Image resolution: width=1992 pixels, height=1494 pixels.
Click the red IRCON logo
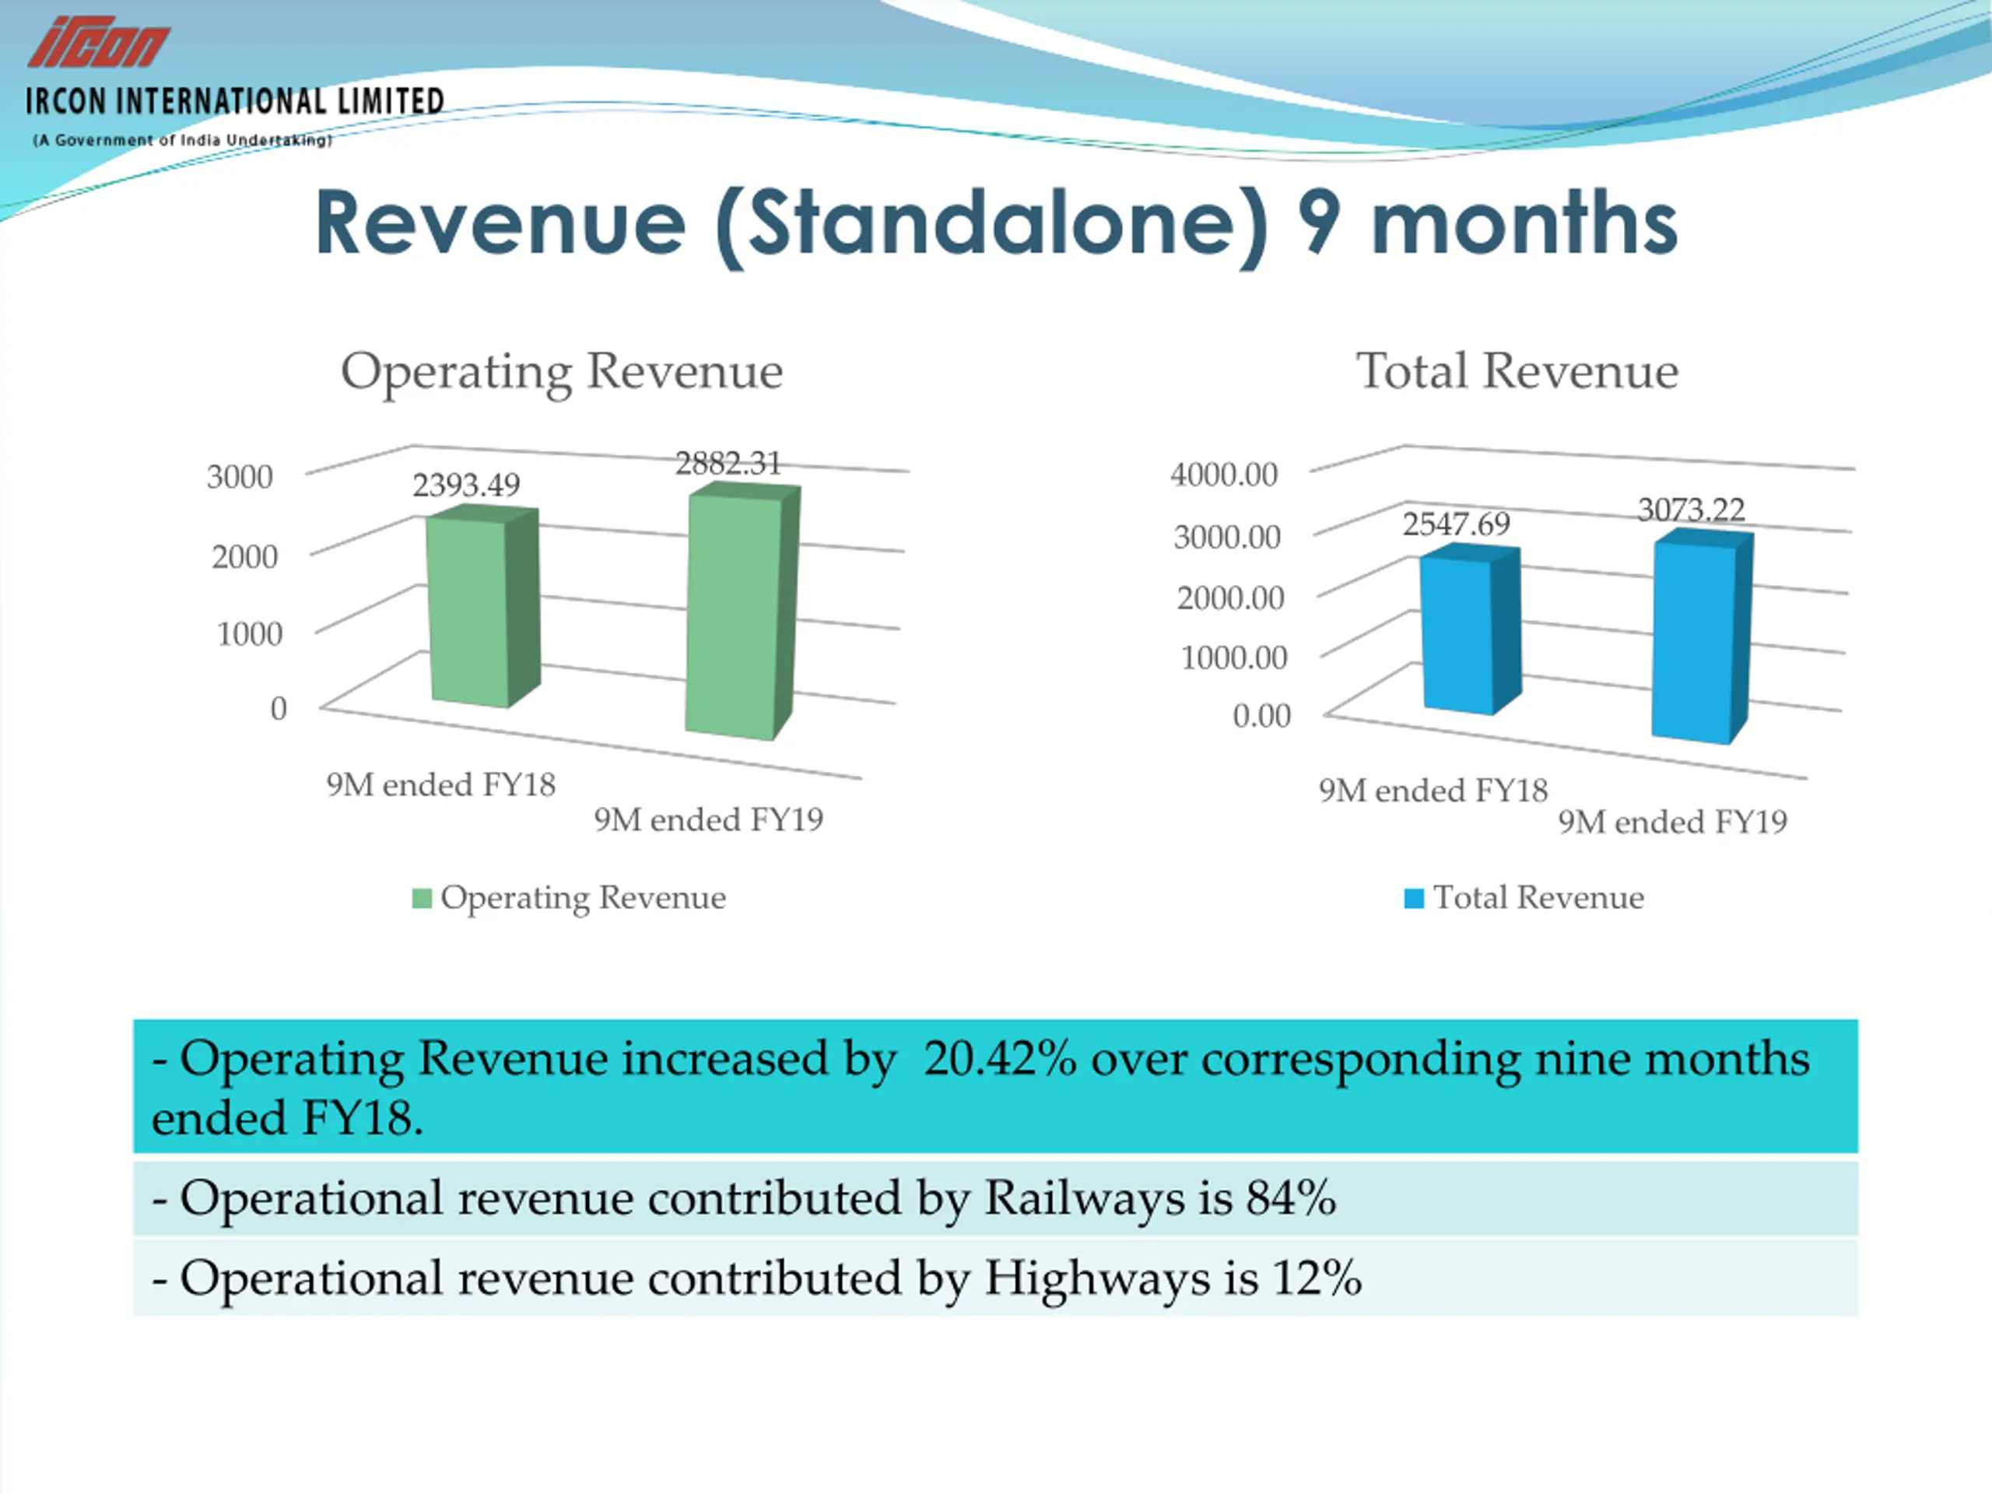coord(98,42)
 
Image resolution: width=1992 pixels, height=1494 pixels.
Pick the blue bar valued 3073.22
coord(1693,640)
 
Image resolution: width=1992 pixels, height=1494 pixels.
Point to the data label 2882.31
coord(728,463)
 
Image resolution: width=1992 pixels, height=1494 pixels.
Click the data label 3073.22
coord(1690,510)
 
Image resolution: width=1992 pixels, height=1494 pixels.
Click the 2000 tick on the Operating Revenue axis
coord(244,556)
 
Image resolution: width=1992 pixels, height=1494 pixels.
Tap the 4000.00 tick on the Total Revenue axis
coord(1223,474)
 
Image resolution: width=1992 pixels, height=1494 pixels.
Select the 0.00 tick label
coord(1261,715)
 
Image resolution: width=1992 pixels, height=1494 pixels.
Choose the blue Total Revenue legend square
coord(1414,898)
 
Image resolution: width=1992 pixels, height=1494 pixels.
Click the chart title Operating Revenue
coord(561,370)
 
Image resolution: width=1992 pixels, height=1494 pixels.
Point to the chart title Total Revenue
coord(1517,370)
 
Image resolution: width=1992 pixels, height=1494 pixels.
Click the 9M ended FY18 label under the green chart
coord(440,784)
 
